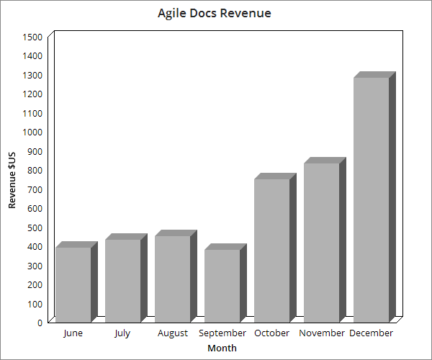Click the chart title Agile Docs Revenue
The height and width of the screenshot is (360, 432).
pos(215,14)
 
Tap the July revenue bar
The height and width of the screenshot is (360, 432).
pos(126,278)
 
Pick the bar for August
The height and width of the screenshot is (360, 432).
pos(176,276)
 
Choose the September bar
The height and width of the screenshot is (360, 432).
pos(225,283)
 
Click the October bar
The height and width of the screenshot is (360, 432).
pos(275,248)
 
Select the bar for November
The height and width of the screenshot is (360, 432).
pos(325,240)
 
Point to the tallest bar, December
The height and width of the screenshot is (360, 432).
pos(374,197)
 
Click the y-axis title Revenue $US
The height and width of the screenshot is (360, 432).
pos(12,180)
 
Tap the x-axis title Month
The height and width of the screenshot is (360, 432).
pos(222,348)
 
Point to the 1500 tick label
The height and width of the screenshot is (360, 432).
pos(32,37)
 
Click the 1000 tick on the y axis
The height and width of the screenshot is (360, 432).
pos(32,132)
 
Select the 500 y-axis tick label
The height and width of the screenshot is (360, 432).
pos(35,228)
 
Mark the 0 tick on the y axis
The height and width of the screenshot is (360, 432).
pos(40,323)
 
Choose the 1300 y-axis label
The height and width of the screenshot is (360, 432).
pos(32,75)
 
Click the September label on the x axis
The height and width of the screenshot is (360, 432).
pos(222,333)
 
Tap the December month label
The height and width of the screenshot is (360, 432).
pos(371,333)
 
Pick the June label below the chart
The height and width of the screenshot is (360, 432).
pos(73,333)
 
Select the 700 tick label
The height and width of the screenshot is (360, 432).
pos(35,189)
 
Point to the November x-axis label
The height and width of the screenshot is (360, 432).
pos(322,333)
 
